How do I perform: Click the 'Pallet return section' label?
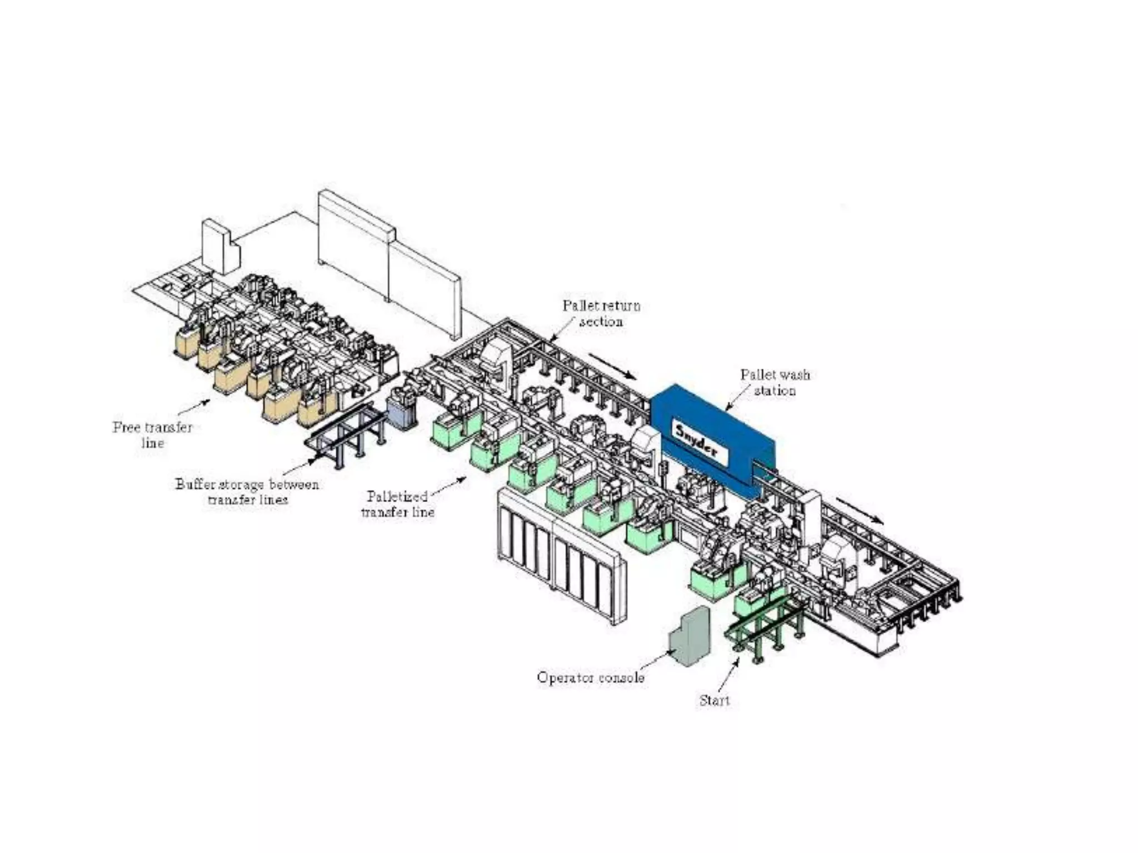click(601, 313)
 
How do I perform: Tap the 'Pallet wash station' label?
click(775, 383)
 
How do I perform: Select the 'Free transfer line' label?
click(152, 435)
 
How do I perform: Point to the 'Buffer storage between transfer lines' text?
click(247, 491)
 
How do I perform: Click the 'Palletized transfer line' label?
click(397, 504)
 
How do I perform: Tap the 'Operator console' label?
click(590, 678)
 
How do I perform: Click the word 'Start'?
click(714, 701)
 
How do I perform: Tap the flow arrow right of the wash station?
click(859, 510)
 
